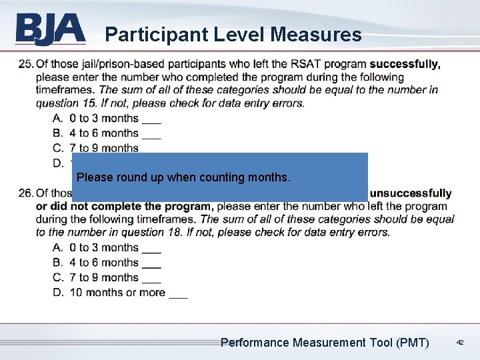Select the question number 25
(26, 64)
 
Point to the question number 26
(26, 193)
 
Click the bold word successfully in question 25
(405, 64)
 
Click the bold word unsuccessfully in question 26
(411, 193)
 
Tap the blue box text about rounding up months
(184, 178)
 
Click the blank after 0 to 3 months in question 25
(151, 121)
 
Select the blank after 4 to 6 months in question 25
(151, 135)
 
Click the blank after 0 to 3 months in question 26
(151, 250)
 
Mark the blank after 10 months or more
(178, 295)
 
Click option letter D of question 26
(57, 292)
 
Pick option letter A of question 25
(57, 118)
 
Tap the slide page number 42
(459, 342)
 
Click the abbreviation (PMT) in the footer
(412, 343)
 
